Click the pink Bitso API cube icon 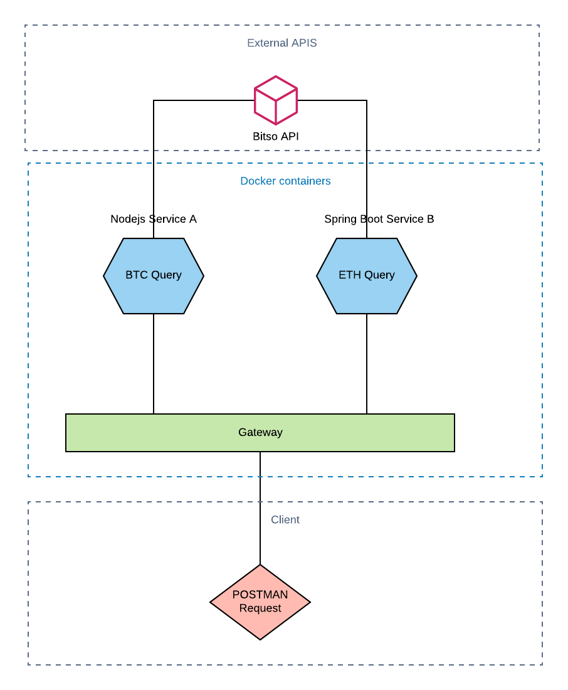(x=276, y=100)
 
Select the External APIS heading (x=281, y=43)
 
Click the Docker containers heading (x=285, y=181)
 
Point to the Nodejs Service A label (x=154, y=219)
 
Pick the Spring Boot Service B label (x=379, y=219)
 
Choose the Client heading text (x=285, y=520)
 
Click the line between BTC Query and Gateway (x=154, y=364)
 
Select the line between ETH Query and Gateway (x=367, y=364)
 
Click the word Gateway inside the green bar (x=260, y=432)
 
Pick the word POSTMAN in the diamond (x=260, y=595)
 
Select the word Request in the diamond (x=260, y=608)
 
